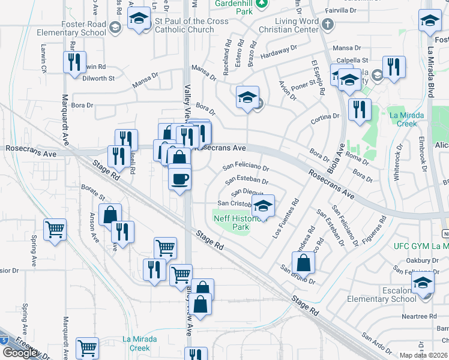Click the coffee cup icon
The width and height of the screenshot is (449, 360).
(x=179, y=179)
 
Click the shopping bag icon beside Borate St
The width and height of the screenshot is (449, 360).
(x=110, y=215)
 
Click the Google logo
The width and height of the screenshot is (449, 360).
(x=20, y=352)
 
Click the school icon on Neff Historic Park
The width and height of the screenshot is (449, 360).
(x=263, y=206)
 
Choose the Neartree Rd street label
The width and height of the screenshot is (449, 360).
(x=419, y=316)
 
